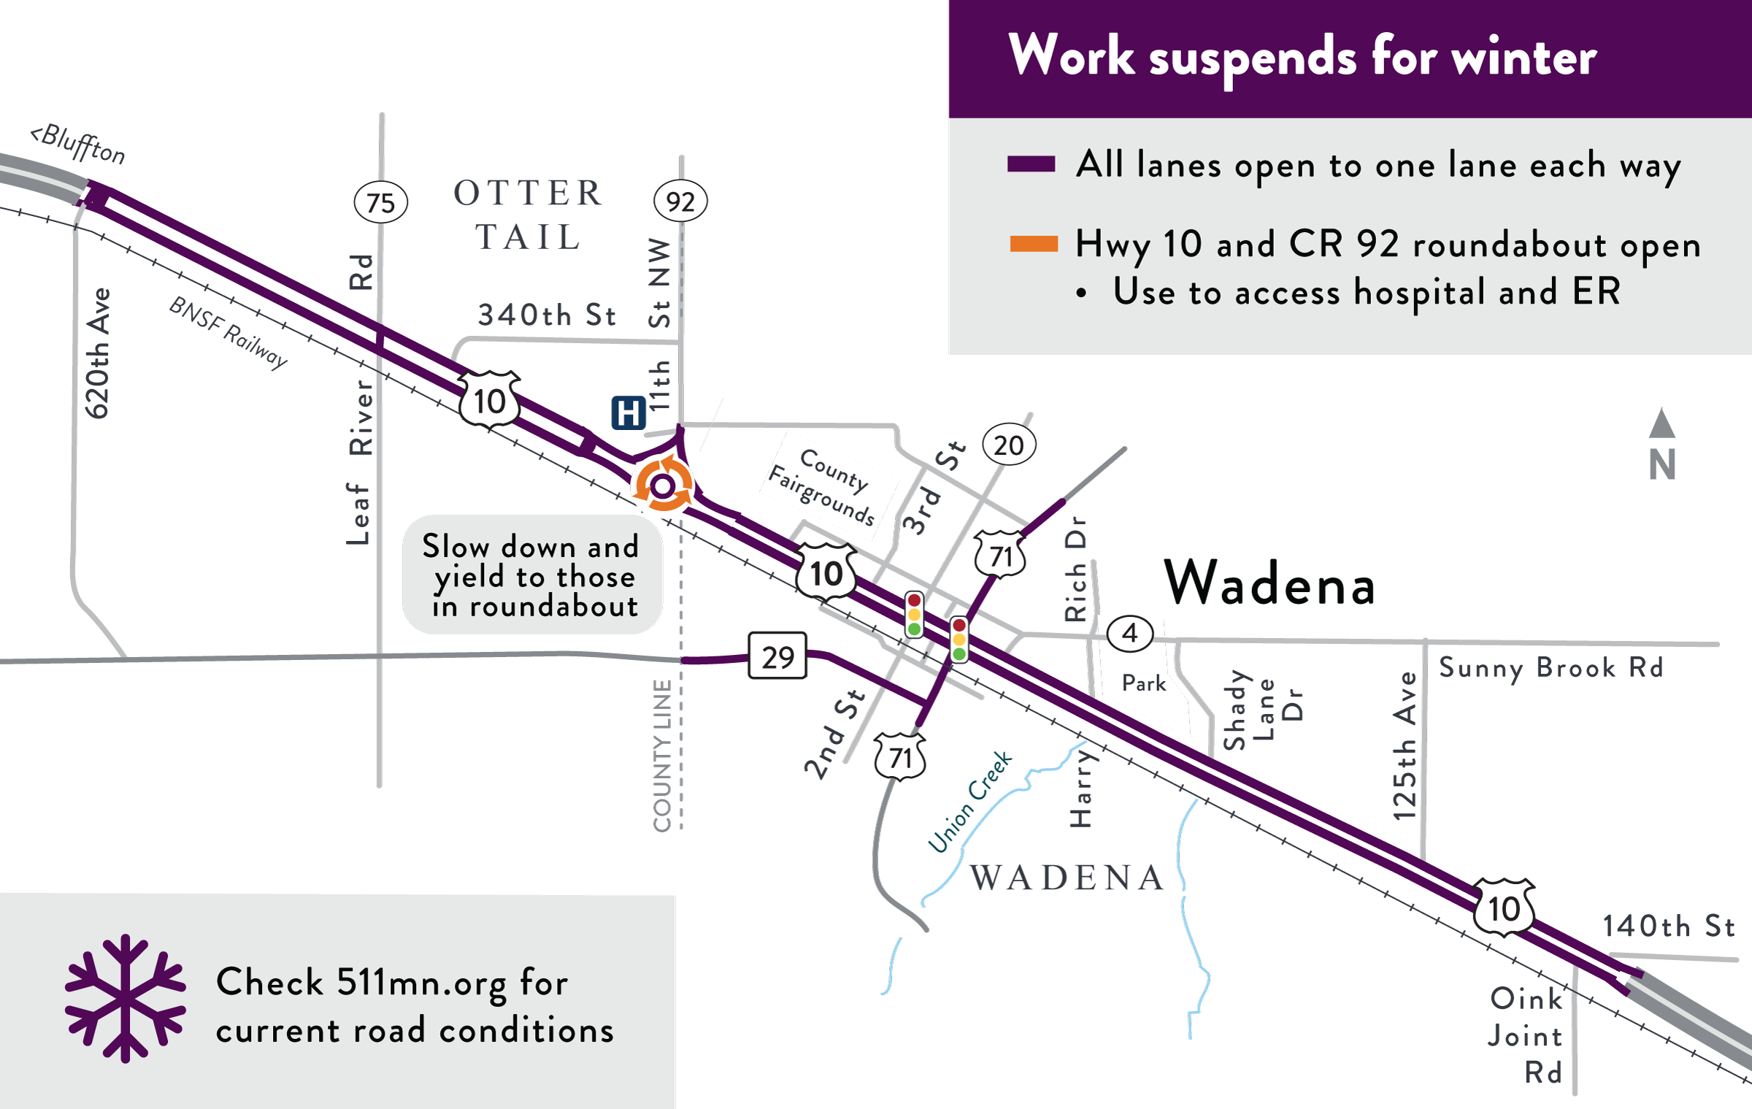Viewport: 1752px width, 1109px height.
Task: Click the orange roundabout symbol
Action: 663,485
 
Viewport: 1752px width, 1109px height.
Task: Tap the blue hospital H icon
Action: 628,413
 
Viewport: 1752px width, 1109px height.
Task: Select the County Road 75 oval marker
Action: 380,202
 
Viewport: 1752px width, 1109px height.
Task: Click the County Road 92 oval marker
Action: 680,202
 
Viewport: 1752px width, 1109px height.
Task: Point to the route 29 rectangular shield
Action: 777,656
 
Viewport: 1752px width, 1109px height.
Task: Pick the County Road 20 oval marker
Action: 1009,445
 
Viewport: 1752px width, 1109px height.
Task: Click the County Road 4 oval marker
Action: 1130,633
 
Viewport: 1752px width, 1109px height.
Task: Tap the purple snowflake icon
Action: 126,998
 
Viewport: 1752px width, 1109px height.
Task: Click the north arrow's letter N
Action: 1662,464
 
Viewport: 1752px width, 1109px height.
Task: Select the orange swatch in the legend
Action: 1033,244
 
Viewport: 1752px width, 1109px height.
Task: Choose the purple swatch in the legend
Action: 1031,164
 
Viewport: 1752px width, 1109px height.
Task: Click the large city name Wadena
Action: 1269,584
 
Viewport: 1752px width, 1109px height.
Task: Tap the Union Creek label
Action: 969,802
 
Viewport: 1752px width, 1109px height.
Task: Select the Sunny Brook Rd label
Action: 1551,668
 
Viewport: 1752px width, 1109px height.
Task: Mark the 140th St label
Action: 1669,926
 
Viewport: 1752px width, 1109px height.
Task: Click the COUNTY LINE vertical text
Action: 662,756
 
